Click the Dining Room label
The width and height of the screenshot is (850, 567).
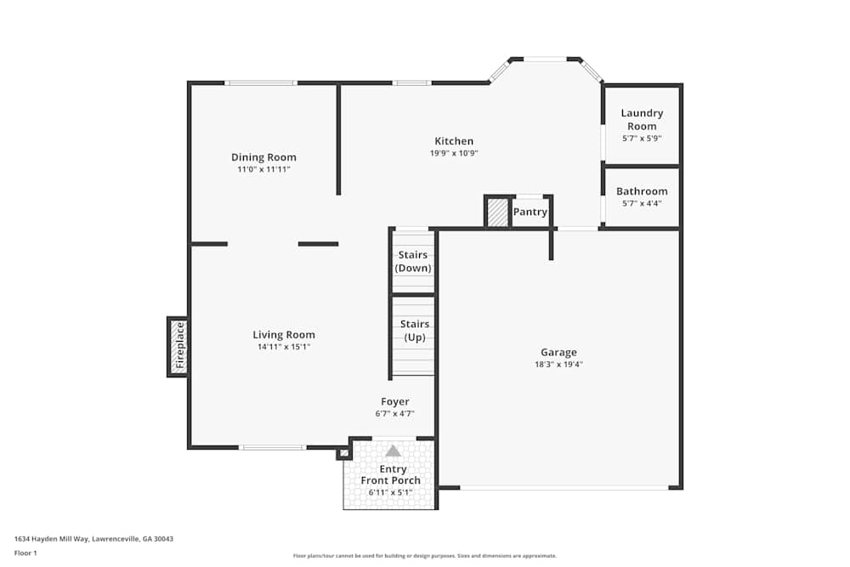(x=263, y=157)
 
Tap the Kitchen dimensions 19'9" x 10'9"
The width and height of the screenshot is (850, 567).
(x=453, y=154)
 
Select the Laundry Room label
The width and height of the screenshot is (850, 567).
(x=642, y=119)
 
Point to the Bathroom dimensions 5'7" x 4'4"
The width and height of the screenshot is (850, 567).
(x=642, y=203)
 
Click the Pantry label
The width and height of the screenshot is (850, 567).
(x=530, y=212)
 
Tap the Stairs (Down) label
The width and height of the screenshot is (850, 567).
(x=413, y=261)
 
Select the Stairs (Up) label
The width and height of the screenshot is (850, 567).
(x=414, y=331)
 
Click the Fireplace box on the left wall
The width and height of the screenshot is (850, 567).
(x=178, y=347)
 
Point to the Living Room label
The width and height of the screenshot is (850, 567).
(x=284, y=334)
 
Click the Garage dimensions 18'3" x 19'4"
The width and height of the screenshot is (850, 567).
(x=558, y=364)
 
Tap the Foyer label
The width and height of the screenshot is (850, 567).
(x=394, y=401)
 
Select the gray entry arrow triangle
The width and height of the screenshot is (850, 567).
(x=393, y=451)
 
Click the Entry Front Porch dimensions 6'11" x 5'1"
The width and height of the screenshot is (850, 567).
(x=390, y=491)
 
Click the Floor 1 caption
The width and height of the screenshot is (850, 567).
(x=25, y=553)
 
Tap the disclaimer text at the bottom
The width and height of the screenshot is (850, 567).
(x=425, y=555)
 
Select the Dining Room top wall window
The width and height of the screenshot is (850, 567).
(x=261, y=82)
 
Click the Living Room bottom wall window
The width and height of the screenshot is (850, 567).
(x=272, y=447)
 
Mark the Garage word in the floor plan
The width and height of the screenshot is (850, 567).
(x=558, y=352)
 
